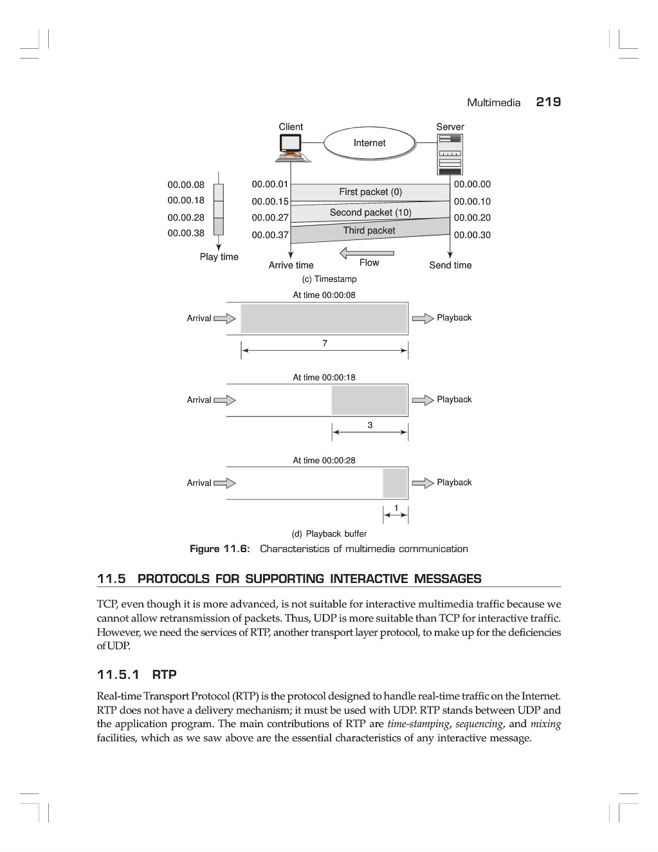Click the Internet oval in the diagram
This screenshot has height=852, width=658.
(x=369, y=144)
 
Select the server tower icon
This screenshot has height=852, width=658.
(x=450, y=154)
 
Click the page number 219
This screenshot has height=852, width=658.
(x=548, y=102)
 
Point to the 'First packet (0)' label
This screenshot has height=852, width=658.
(x=370, y=192)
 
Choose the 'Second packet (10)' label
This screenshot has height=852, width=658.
(x=370, y=212)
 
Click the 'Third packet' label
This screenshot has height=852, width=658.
(x=369, y=230)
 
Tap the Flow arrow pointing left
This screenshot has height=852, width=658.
(x=367, y=252)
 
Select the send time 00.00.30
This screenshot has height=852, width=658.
(x=472, y=235)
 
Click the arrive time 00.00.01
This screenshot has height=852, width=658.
(x=270, y=184)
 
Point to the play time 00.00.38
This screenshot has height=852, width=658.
(x=186, y=233)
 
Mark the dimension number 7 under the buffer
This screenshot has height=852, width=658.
(x=325, y=344)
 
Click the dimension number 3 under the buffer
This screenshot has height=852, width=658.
(x=370, y=425)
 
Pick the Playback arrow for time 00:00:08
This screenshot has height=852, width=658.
(x=423, y=319)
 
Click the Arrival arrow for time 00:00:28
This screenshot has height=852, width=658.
(x=224, y=483)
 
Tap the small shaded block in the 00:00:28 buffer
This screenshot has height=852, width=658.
(x=395, y=483)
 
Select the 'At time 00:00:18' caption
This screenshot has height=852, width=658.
(x=324, y=378)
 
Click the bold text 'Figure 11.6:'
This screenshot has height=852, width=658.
(x=219, y=549)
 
